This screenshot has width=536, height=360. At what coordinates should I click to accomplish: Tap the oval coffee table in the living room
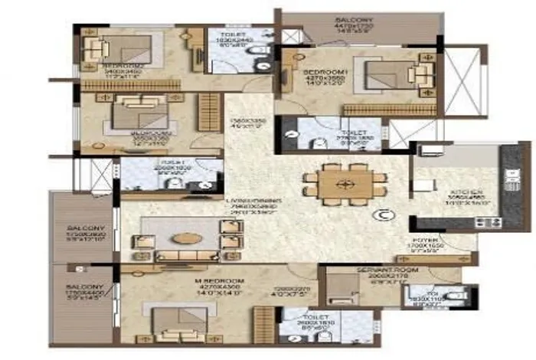[x=186, y=237]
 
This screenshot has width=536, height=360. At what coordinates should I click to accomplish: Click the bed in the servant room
[x=338, y=289]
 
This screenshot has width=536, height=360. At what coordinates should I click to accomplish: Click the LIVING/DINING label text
[x=251, y=201]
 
